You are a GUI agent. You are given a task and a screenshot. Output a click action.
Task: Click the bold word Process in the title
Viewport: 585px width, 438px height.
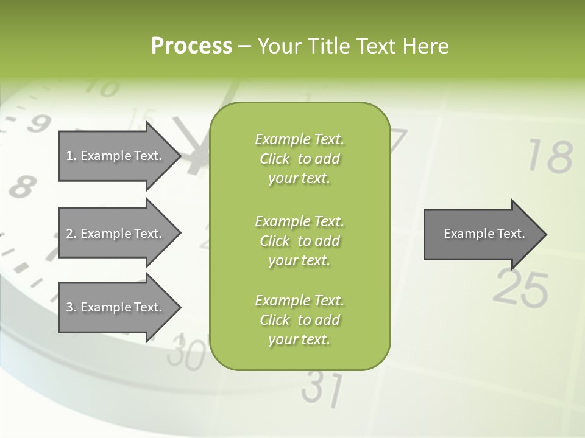pyautogui.click(x=191, y=46)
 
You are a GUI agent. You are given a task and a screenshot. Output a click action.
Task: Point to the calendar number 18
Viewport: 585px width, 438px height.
pyautogui.click(x=550, y=157)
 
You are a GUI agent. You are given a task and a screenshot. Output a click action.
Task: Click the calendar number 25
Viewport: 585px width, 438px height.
pyautogui.click(x=520, y=288)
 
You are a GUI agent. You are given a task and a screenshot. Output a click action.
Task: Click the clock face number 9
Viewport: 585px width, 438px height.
pyautogui.click(x=38, y=124)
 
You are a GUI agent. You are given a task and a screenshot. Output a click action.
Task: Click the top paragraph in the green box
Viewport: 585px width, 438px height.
pyautogui.click(x=299, y=159)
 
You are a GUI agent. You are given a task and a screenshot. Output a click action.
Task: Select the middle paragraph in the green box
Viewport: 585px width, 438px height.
pyautogui.click(x=299, y=241)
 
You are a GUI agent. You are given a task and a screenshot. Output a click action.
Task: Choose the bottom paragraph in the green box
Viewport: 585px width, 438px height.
pyautogui.click(x=299, y=320)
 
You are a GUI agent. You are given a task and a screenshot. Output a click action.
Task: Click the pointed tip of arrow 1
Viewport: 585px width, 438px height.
pyautogui.click(x=179, y=156)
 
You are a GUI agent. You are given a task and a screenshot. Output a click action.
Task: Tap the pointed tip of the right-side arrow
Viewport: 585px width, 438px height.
pyautogui.click(x=545, y=234)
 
